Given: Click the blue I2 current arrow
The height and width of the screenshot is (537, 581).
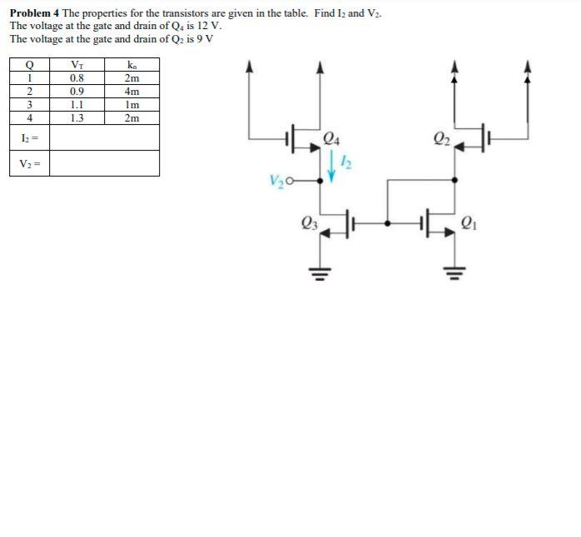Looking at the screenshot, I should point(333,164).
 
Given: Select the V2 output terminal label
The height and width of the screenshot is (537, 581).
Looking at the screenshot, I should point(277,180).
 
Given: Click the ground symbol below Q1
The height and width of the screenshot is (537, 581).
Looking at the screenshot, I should point(454,271).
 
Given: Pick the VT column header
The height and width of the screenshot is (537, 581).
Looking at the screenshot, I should point(77,65).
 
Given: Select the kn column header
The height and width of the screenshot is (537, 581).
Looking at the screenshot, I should point(132,65).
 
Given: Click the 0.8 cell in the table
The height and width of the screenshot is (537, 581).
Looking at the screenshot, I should point(77,78).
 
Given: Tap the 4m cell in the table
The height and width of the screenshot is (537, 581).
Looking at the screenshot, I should point(132,92).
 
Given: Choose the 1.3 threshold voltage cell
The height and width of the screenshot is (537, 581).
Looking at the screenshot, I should point(77,118).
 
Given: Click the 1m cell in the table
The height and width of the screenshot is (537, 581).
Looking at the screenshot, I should point(132,105).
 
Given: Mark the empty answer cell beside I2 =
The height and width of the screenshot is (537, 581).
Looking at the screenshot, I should point(104,137).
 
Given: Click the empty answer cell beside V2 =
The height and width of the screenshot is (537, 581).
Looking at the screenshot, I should point(104,163).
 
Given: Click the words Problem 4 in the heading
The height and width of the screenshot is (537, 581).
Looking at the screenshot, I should point(34,14).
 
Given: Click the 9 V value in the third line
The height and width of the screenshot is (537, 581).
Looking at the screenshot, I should point(205,38).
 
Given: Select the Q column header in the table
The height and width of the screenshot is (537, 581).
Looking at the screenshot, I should point(30,65).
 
